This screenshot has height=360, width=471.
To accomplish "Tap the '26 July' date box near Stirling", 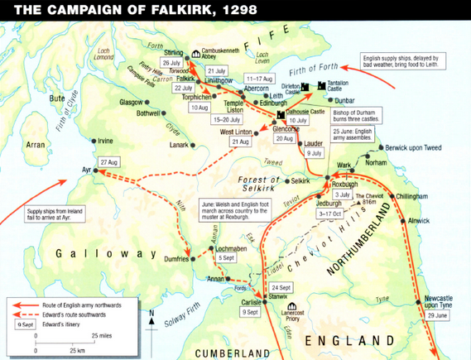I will pos(171,62).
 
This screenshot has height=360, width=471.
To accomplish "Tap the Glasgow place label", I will pos(131,102).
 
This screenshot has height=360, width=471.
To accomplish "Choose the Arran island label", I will pos(36,145).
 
